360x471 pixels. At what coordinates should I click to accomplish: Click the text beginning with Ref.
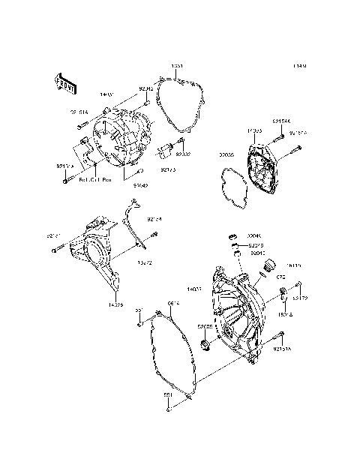(x=94, y=181)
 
